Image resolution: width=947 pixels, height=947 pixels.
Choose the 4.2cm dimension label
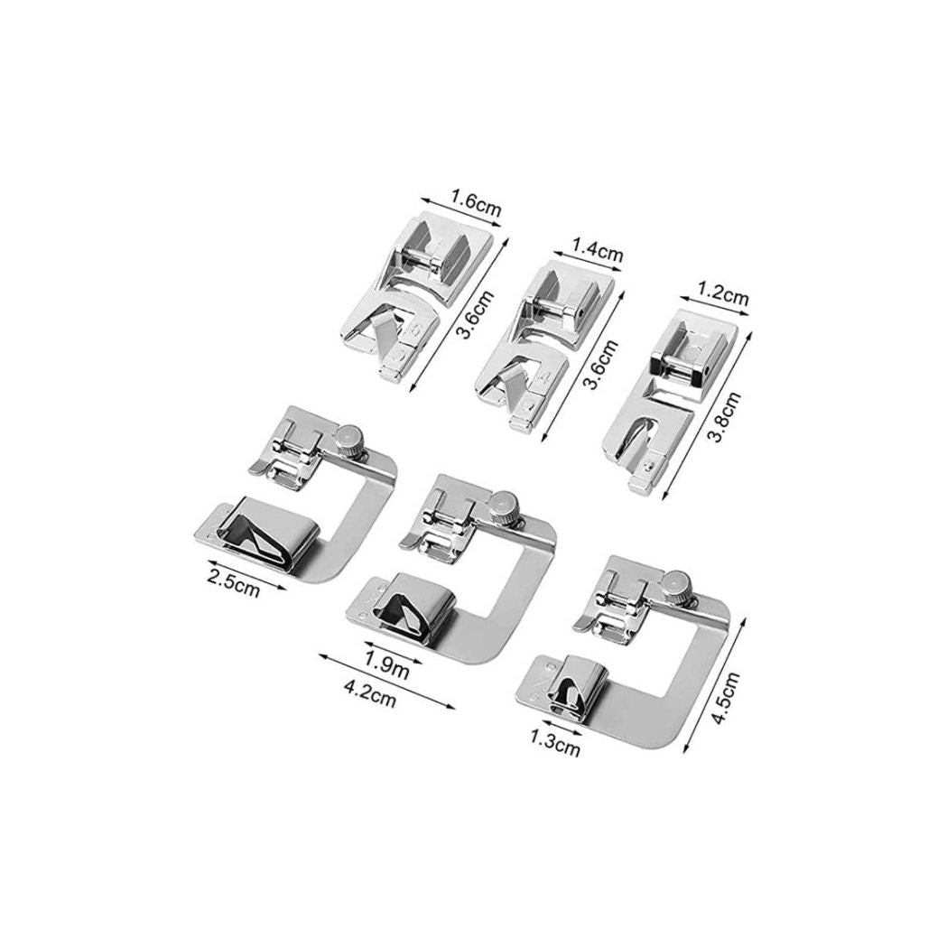click(x=369, y=691)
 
